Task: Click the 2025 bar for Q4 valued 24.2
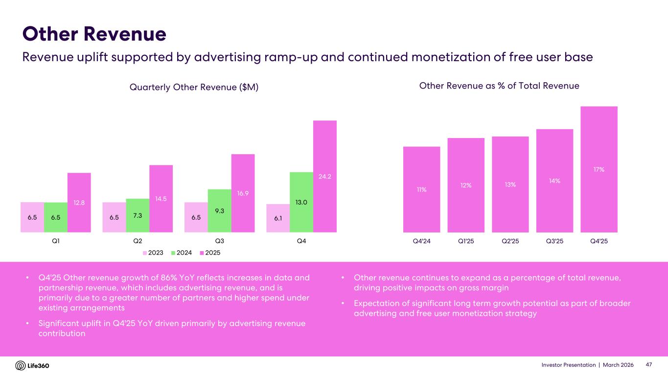(x=324, y=176)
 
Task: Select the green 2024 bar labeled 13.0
(x=301, y=202)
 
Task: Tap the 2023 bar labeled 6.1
(x=277, y=218)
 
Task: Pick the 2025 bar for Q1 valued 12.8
(x=79, y=202)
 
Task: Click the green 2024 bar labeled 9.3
(x=219, y=211)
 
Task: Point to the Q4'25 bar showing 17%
(x=599, y=169)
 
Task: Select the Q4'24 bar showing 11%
(x=421, y=189)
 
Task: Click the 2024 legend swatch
(x=174, y=253)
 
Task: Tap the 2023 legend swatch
(x=145, y=253)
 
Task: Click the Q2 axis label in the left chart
(x=138, y=241)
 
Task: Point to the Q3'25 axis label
(x=554, y=241)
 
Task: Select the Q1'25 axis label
(x=465, y=241)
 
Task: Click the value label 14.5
(x=161, y=199)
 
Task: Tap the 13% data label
(x=510, y=184)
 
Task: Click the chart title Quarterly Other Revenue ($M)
(x=194, y=87)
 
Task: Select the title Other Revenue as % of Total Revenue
(x=499, y=86)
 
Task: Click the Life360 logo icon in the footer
(x=21, y=366)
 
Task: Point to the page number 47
(x=649, y=365)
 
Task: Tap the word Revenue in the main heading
(x=125, y=34)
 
